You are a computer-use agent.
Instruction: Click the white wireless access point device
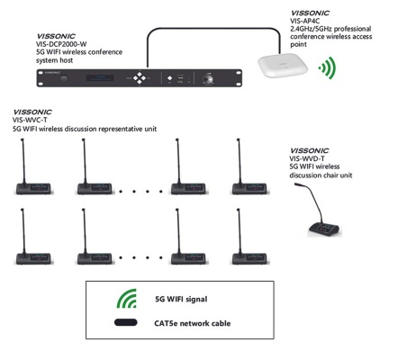click(x=283, y=65)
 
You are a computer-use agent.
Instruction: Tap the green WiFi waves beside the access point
click(x=329, y=68)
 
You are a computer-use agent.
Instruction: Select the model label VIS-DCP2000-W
click(x=61, y=44)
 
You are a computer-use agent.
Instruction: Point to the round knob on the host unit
click(x=208, y=79)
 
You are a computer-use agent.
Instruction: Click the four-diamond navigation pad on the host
click(x=140, y=78)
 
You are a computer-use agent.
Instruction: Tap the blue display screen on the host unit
click(x=100, y=78)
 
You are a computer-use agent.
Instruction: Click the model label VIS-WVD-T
click(x=307, y=158)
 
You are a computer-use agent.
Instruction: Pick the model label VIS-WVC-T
click(x=30, y=120)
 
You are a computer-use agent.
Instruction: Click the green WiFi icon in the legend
click(x=127, y=299)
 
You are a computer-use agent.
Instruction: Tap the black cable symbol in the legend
click(x=125, y=322)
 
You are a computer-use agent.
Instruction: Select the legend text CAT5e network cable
click(x=193, y=323)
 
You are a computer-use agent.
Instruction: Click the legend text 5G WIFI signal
click(x=181, y=299)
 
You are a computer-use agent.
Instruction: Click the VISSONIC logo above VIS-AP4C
click(x=310, y=13)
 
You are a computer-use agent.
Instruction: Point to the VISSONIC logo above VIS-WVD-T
click(x=310, y=150)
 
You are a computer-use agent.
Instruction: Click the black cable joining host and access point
click(x=213, y=28)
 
